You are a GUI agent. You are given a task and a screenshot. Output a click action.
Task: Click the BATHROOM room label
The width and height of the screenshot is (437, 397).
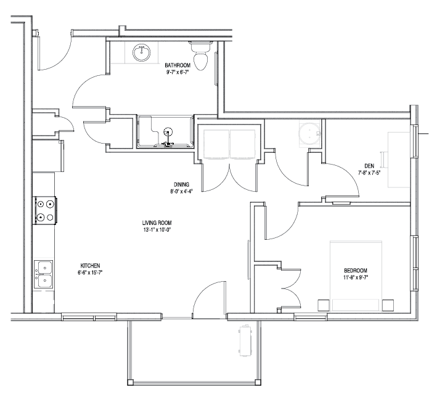coord(178,65)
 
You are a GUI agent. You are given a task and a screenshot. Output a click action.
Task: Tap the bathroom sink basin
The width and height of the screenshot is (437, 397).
coord(142,53)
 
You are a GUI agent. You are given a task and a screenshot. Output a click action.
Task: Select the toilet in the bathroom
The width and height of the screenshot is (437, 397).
coord(200,55)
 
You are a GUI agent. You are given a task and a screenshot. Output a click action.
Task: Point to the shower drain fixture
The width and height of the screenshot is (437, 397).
coord(168,131)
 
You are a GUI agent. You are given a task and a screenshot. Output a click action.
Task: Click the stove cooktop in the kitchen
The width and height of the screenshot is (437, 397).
coord(46,210)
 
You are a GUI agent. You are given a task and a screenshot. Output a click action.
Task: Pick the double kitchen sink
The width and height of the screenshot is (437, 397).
coord(44,274)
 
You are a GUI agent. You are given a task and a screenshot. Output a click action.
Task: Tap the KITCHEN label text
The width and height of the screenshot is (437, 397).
coord(90,266)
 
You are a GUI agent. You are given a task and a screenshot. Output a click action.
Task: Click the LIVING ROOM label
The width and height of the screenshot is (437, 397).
coord(157,223)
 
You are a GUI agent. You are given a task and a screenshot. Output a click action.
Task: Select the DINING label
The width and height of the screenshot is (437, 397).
coord(181,184)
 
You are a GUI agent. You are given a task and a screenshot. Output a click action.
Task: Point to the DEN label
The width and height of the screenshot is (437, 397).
coord(369,166)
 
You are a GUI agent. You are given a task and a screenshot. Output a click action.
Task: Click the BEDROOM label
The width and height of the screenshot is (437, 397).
coord(356,271)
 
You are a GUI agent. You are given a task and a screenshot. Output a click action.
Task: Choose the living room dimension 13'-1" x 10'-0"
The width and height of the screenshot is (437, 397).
coord(157,230)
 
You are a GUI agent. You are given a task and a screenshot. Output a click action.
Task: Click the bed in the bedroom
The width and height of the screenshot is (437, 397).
coord(356,276)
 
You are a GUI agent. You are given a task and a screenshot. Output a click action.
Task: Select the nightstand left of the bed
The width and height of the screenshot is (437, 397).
coord(324,305)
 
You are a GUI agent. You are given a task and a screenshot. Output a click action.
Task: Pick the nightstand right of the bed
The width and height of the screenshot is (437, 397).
coord(388,305)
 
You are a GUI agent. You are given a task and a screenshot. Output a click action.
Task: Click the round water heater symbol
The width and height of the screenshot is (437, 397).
coord(309,134)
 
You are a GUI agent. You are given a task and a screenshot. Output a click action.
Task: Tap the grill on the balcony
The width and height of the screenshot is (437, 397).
coord(245,340)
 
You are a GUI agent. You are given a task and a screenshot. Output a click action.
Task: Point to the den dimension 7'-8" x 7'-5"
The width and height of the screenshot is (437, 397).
coord(369,173)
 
